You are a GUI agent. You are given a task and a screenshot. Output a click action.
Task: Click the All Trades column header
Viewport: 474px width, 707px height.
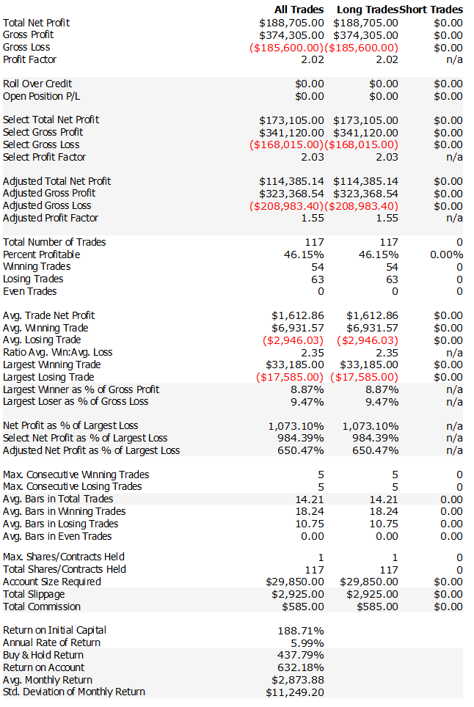(x=299, y=10)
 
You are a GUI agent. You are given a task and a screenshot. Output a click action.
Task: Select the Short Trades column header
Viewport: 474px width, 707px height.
(x=431, y=10)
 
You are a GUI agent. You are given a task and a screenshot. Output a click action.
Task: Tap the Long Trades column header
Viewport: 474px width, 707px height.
(x=367, y=10)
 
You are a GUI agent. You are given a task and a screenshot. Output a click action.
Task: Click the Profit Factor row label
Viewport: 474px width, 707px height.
(x=29, y=59)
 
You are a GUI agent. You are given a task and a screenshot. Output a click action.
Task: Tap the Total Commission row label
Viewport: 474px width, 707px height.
(x=42, y=607)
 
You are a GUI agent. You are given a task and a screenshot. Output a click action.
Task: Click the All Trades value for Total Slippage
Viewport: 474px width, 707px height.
(x=296, y=594)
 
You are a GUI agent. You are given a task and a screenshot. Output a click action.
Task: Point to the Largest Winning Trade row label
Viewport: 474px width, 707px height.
(x=52, y=365)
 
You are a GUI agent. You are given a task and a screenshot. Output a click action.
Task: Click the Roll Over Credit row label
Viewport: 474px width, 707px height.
(x=37, y=84)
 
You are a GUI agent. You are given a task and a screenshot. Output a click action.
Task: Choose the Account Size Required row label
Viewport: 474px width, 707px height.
(x=52, y=582)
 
